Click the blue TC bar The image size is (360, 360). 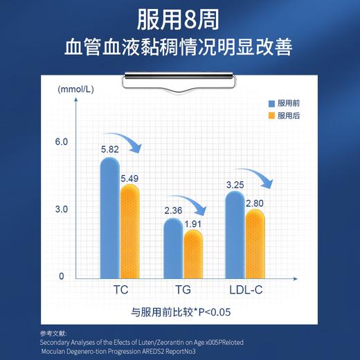click(110, 218)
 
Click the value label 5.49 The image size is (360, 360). click(129, 179)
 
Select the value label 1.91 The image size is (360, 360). click(193, 224)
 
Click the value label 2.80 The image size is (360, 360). click(255, 203)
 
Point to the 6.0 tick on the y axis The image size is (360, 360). click(62, 142)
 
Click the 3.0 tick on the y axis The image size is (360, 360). click(62, 209)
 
